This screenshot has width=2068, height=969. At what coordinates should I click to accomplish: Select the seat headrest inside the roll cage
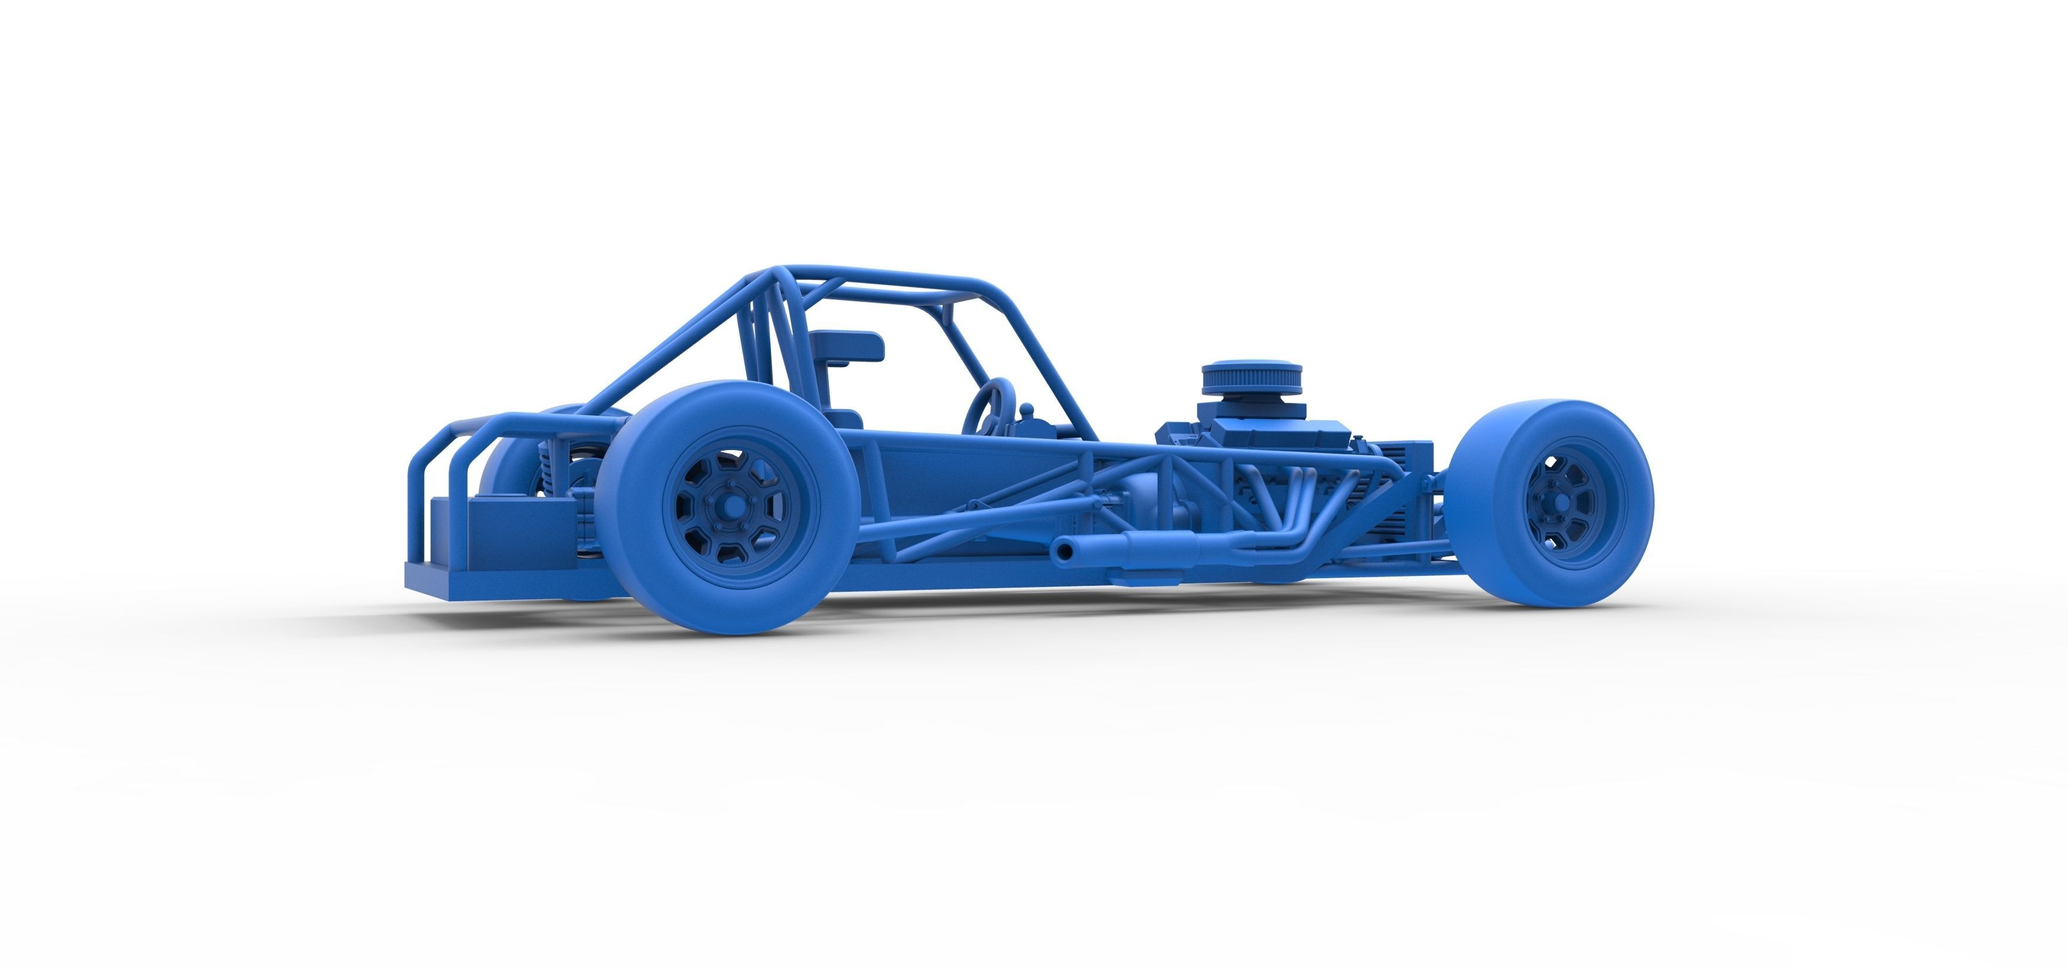(x=847, y=347)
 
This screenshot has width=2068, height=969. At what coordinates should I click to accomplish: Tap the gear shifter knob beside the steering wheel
(x=1025, y=410)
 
